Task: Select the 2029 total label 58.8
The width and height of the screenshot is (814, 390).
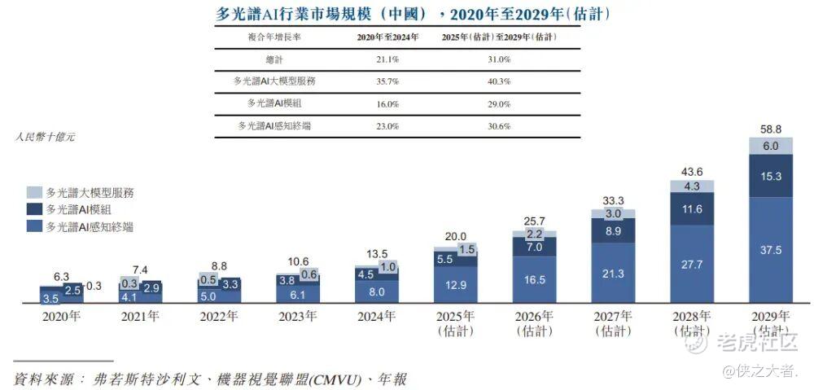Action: [x=771, y=129]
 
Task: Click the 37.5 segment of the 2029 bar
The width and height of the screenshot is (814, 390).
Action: [x=771, y=251]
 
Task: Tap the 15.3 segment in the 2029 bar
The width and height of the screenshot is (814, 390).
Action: [x=771, y=176]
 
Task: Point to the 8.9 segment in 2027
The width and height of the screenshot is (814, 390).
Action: [x=613, y=231]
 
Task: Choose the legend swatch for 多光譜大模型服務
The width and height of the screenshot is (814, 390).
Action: [x=33, y=193]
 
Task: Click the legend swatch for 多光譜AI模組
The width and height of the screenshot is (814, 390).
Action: [x=33, y=210]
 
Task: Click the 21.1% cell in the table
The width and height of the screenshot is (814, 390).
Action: [x=386, y=60]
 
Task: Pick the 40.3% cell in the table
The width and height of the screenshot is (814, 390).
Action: [x=498, y=82]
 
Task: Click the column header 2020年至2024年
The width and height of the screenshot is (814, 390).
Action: [x=386, y=37]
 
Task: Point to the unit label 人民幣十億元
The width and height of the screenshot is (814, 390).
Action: [x=45, y=138]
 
